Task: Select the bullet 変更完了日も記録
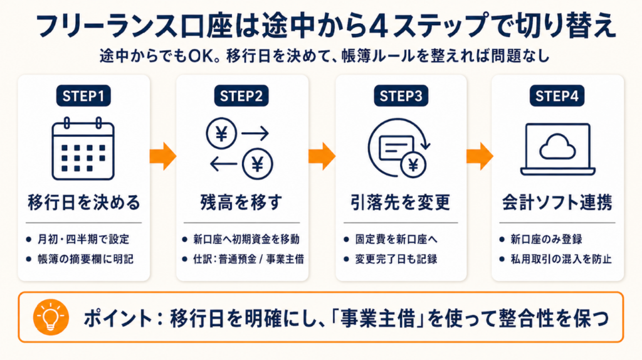397,258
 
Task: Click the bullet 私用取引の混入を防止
560,258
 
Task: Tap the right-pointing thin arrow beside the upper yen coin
255,134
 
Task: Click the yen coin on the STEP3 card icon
413,166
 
